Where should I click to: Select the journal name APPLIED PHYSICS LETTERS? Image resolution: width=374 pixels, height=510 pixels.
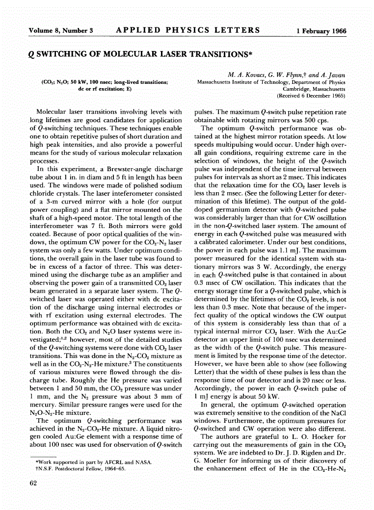[x=188, y=30]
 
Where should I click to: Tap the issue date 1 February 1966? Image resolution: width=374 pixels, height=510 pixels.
[x=321, y=31]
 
